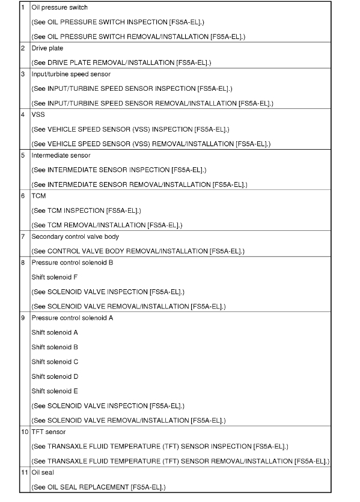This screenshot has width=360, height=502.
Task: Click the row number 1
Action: (x=23, y=7)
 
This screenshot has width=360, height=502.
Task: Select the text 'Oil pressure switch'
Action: (x=59, y=7)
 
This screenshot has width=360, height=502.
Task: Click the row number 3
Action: (x=23, y=74)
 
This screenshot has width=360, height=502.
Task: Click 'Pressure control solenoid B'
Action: (x=72, y=262)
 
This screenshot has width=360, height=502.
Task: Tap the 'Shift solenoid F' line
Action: (x=55, y=277)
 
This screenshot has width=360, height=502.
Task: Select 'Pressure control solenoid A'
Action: (x=72, y=317)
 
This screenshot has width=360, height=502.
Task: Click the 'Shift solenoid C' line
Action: (x=55, y=361)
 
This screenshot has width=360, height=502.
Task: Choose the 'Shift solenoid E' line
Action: (x=55, y=391)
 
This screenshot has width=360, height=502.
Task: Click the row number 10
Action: (x=24, y=431)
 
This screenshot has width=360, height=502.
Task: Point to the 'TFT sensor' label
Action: (x=48, y=431)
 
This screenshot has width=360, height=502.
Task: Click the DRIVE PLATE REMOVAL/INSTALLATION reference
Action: (x=121, y=63)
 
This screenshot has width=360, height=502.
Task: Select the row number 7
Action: (x=23, y=236)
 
